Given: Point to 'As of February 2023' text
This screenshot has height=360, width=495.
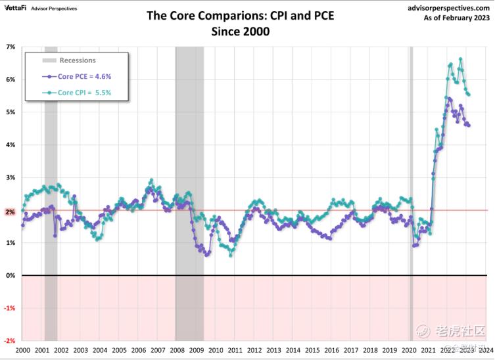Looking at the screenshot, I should click(x=458, y=18).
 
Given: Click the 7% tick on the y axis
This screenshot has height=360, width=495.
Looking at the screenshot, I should click(x=11, y=47).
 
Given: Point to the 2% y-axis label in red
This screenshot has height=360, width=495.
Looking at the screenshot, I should click(x=11, y=211).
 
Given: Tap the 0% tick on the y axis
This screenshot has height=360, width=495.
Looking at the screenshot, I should click(x=11, y=276).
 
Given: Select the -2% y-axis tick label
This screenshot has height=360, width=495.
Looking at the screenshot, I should click(x=10, y=341).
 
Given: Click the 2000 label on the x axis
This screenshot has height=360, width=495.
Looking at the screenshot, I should click(x=23, y=351).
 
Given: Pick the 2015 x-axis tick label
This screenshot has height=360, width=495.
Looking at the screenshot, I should click(x=313, y=351).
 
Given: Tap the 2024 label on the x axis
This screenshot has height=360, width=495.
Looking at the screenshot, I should click(x=487, y=351).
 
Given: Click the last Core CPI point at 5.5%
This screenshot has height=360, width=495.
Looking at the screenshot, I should click(x=468, y=95).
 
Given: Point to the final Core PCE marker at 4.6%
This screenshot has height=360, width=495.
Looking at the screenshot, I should click(x=468, y=125).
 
